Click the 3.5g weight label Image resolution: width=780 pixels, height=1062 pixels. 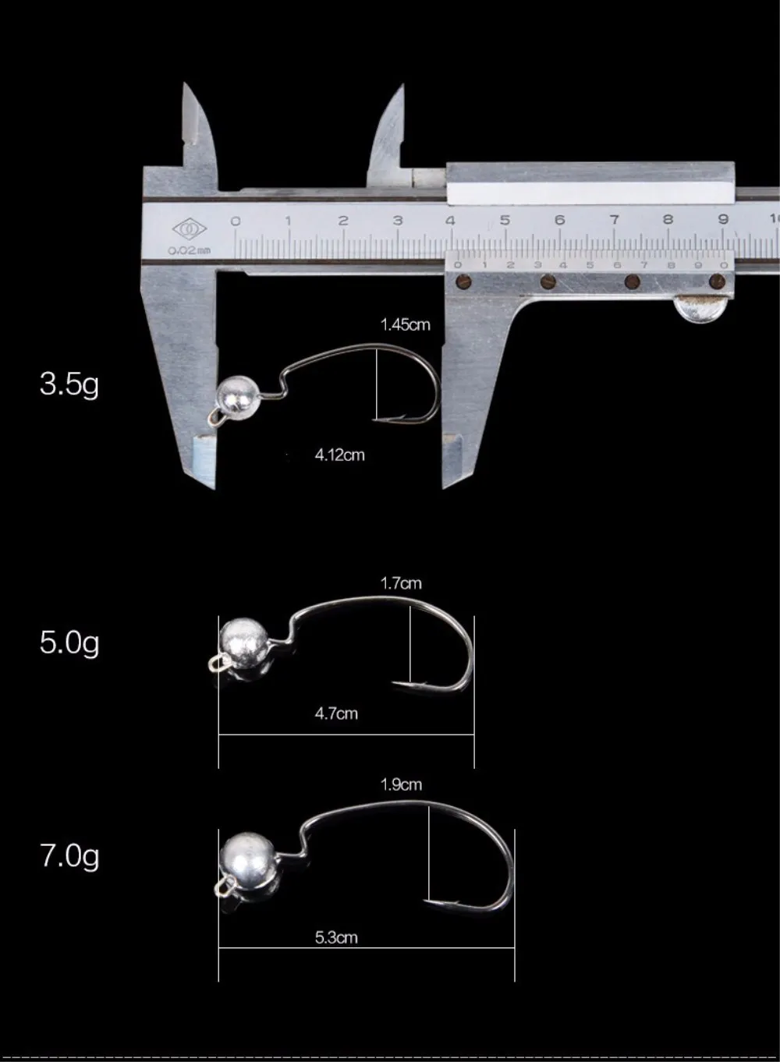[x=69, y=384]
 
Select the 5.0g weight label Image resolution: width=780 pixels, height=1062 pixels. [x=69, y=643]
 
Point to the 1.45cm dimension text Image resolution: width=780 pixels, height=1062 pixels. [x=406, y=325]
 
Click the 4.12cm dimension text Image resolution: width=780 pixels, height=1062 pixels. [x=340, y=455]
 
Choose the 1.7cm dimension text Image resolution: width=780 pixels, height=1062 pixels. [x=401, y=583]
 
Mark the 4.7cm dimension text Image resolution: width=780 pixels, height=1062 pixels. [x=337, y=713]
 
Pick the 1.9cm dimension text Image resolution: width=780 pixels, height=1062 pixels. [x=401, y=784]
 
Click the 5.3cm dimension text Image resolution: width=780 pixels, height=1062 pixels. [x=337, y=937]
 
